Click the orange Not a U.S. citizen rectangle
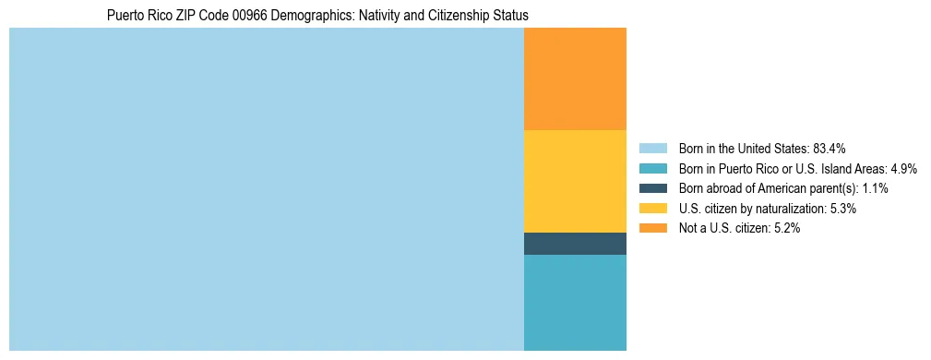[575, 79]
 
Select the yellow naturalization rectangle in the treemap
[575, 181]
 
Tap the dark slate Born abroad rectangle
[575, 244]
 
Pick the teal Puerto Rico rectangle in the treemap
[575, 303]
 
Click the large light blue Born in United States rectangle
[266, 189]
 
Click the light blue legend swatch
[652, 149]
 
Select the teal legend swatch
[652, 169]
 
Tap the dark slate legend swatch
[652, 188]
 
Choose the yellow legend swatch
[652, 209]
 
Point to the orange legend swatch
[652, 228]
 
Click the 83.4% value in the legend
[830, 149]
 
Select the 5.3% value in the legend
[841, 209]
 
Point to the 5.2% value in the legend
[785, 228]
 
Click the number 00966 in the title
[250, 16]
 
